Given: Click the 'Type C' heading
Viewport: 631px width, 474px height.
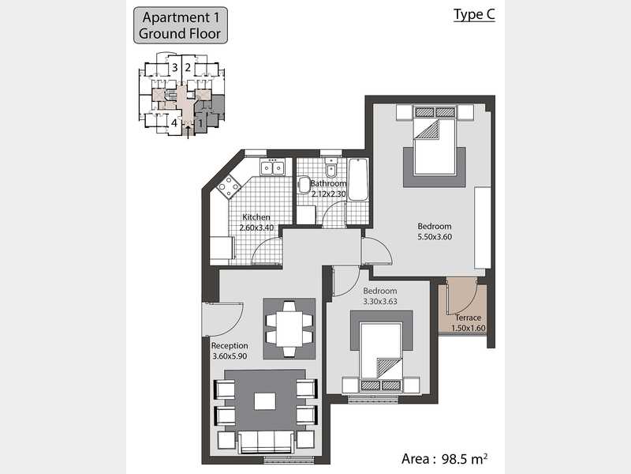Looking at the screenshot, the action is click(474, 15).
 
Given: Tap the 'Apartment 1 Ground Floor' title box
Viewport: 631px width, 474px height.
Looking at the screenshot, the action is click(181, 25).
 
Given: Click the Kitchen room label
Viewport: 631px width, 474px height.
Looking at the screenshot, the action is click(256, 216).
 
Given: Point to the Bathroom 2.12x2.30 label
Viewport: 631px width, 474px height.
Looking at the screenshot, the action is click(328, 189).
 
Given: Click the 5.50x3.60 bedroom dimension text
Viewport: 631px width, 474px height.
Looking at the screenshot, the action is click(435, 237).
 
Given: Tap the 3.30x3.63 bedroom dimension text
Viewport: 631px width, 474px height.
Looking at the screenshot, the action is click(380, 302).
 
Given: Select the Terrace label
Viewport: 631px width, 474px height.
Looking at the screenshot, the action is click(468, 318).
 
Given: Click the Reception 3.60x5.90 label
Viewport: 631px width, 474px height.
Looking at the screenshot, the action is click(230, 351).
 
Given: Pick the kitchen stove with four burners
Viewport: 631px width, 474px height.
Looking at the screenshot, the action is click(229, 187).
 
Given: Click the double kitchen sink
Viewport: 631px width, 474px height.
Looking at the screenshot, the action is click(272, 167).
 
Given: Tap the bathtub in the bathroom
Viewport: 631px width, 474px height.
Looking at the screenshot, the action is click(358, 180).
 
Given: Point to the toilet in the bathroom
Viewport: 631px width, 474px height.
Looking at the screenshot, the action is click(331, 168).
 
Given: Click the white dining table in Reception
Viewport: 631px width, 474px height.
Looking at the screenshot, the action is click(289, 329).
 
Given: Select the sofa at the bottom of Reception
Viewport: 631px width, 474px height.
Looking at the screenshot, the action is click(265, 442).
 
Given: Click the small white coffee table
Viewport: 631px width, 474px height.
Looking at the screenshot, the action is click(265, 401).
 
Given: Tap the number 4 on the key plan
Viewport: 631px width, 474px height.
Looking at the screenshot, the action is click(174, 122).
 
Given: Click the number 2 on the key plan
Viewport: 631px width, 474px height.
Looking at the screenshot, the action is click(188, 67).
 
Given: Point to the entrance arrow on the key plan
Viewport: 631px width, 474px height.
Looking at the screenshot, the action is click(188, 131).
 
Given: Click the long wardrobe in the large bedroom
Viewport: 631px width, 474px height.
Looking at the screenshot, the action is click(483, 228).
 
